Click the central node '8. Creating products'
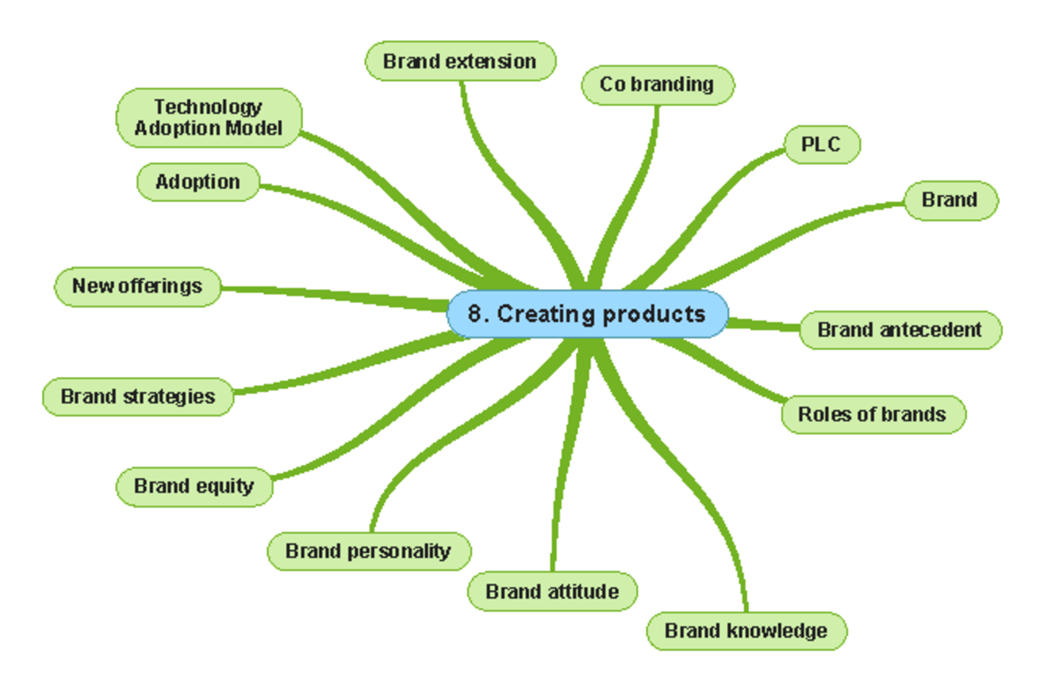click(x=587, y=314)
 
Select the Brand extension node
click(x=460, y=62)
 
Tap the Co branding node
click(x=657, y=84)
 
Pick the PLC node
click(x=821, y=145)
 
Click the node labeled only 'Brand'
click(x=949, y=200)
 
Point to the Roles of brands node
click(x=872, y=414)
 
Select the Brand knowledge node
click(x=745, y=630)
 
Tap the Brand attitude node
click(x=552, y=592)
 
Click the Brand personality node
click(x=368, y=551)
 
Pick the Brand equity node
click(x=194, y=486)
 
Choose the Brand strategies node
click(x=138, y=397)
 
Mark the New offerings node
click(x=138, y=286)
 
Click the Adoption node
click(x=198, y=182)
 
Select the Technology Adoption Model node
click(x=208, y=118)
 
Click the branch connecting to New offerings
click(x=331, y=293)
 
